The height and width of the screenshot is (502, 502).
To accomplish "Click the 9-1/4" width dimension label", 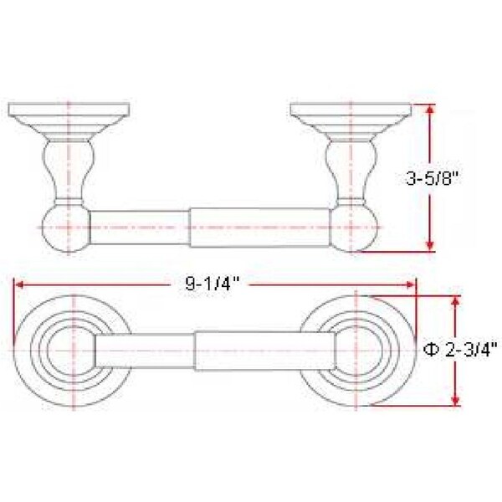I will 213,284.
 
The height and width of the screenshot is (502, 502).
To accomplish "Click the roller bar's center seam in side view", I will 189,227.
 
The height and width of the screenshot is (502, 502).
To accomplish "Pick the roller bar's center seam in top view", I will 194,350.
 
